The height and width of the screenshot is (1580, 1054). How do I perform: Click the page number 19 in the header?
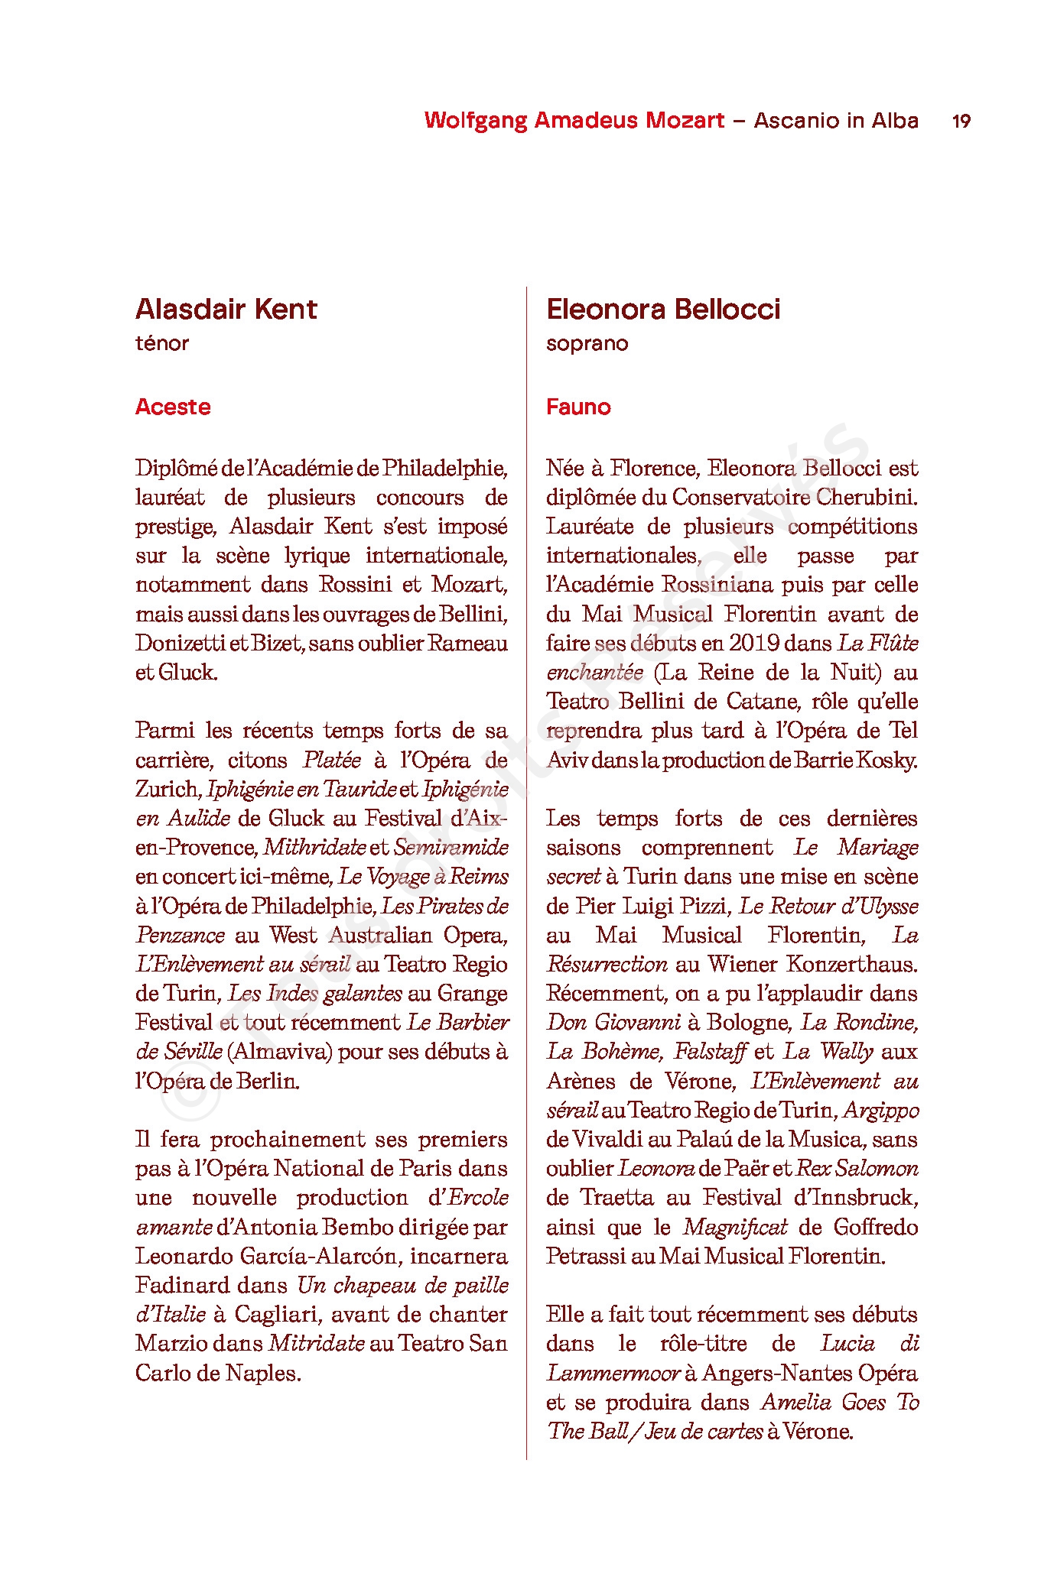[961, 121]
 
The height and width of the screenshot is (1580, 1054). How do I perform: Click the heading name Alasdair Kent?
[226, 309]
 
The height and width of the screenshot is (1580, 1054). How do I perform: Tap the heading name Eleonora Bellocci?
[662, 309]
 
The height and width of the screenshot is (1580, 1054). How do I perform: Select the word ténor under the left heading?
[161, 343]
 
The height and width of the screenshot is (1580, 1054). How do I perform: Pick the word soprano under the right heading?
[587, 343]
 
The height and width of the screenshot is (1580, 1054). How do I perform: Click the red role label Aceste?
[173, 407]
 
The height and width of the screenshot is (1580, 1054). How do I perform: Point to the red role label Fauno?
[578, 407]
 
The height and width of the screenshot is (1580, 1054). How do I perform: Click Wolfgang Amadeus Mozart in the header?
[574, 121]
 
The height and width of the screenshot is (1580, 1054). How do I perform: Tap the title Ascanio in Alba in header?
[836, 121]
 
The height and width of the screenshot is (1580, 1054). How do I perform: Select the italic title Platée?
[331, 760]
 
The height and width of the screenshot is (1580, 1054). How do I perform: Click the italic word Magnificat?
[734, 1227]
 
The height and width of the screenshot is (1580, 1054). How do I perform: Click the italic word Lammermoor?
[613, 1373]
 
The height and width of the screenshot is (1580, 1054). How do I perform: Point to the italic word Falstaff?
[710, 1052]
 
